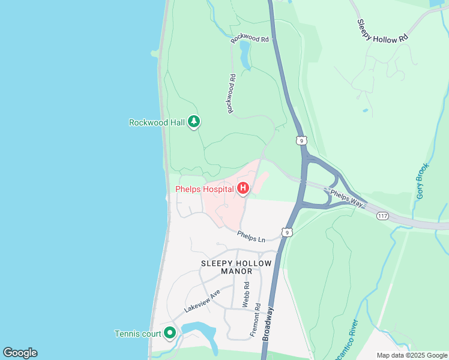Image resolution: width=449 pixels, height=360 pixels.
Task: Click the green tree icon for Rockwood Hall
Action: click(x=193, y=122)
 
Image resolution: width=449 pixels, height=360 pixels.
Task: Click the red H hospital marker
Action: click(x=243, y=190)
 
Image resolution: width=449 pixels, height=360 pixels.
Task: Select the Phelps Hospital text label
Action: click(x=204, y=190)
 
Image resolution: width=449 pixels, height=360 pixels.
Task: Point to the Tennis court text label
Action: click(x=138, y=334)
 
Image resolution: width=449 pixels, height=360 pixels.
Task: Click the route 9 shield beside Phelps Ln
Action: click(x=288, y=232)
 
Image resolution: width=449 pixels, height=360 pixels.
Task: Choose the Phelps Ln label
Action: click(x=251, y=237)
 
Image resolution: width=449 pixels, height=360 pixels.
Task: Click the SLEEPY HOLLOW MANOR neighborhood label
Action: click(x=237, y=267)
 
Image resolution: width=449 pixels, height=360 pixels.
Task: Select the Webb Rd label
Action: click(x=246, y=296)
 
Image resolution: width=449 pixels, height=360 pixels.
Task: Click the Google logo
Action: click(x=20, y=353)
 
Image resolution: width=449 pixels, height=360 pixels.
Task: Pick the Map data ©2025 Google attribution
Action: click(x=411, y=355)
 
